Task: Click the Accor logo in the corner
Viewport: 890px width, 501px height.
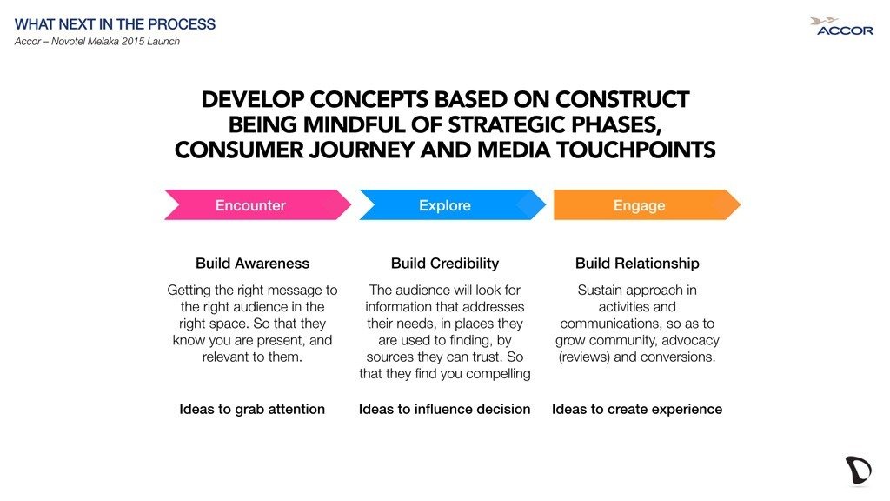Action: [841, 26]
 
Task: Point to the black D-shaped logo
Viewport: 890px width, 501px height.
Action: [858, 470]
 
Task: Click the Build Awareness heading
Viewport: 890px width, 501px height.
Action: [253, 264]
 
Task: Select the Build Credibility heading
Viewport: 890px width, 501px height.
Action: [445, 264]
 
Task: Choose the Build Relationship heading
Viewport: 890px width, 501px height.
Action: [637, 264]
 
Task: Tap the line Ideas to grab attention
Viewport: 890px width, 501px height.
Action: [252, 410]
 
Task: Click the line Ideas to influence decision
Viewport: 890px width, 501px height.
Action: [444, 410]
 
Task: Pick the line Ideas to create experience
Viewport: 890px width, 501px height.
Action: [637, 410]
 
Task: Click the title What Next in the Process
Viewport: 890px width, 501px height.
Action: [116, 24]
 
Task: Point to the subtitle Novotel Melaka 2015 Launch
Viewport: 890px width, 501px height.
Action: [116, 42]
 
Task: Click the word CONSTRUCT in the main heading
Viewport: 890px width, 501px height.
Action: [622, 99]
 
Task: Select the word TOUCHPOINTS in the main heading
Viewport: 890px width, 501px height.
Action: [635, 150]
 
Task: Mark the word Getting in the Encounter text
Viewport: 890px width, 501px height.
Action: [189, 291]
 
